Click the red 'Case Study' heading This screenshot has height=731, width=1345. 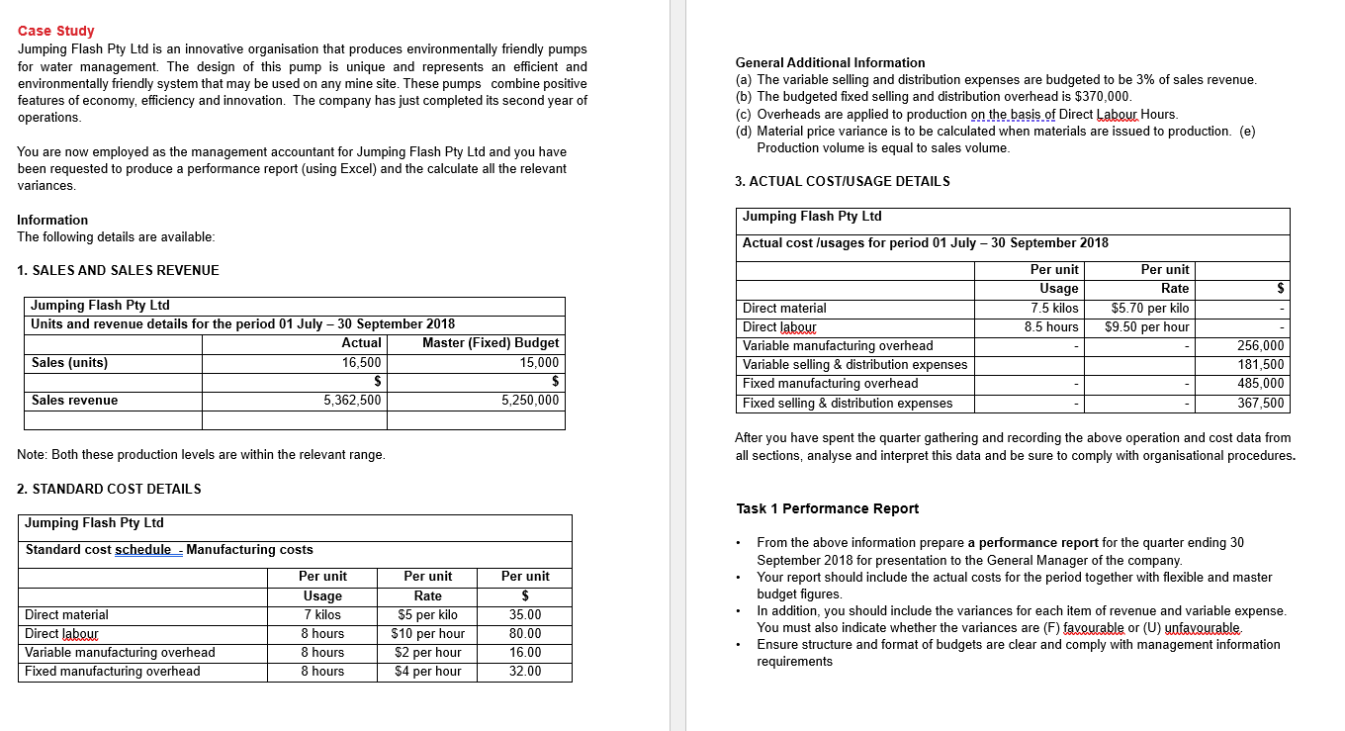point(56,31)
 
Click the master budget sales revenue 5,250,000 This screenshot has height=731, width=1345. point(530,401)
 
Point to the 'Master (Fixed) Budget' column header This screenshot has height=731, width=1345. point(491,343)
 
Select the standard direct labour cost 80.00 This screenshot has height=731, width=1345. point(525,634)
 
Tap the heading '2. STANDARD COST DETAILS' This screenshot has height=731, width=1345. point(109,489)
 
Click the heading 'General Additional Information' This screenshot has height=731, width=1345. point(831,62)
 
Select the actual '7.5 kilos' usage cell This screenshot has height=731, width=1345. point(1053,309)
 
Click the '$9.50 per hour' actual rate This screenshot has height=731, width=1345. point(1147,327)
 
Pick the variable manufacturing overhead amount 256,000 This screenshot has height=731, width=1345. point(1261,346)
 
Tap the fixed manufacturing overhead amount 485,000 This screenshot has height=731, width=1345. point(1261,384)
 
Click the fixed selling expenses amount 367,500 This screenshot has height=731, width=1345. point(1261,403)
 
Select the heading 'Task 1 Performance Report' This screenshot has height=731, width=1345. point(827,508)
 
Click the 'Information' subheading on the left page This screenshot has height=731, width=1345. point(52,220)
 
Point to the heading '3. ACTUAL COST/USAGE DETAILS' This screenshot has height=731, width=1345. point(843,181)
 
